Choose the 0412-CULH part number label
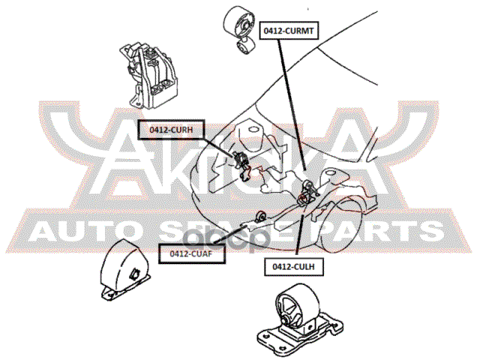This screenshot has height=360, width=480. coord(295,265)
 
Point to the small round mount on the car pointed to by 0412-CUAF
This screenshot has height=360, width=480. coord(260,217)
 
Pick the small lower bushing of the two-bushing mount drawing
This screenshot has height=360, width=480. coord(244,49)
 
